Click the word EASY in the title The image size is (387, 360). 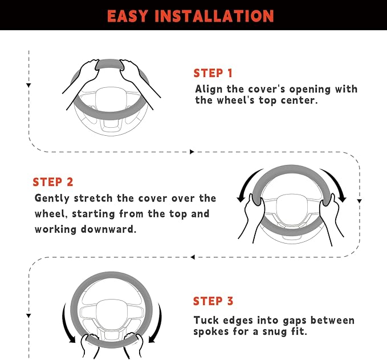127,17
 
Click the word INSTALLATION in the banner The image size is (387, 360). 214,17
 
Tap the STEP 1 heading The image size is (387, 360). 213,74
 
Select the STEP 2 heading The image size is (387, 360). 53,182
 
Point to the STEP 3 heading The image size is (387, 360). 213,301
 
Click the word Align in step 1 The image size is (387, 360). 209,90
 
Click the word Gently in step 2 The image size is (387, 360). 52,199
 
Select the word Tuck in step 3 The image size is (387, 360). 206,320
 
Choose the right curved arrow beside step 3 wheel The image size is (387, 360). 158,323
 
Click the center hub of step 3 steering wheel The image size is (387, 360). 112,314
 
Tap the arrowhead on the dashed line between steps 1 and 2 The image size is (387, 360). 192,152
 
